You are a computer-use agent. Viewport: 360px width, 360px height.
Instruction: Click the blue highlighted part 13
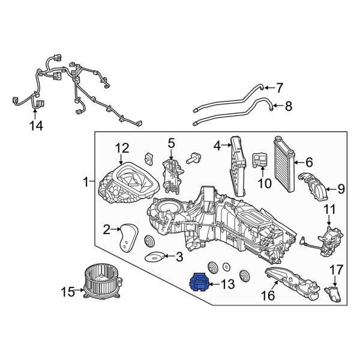pos(199,281)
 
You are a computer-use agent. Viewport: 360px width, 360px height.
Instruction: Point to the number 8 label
pos(288,107)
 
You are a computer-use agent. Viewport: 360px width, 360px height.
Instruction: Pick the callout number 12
pos(122,148)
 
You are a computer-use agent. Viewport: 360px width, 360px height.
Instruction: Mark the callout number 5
pos(170,143)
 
